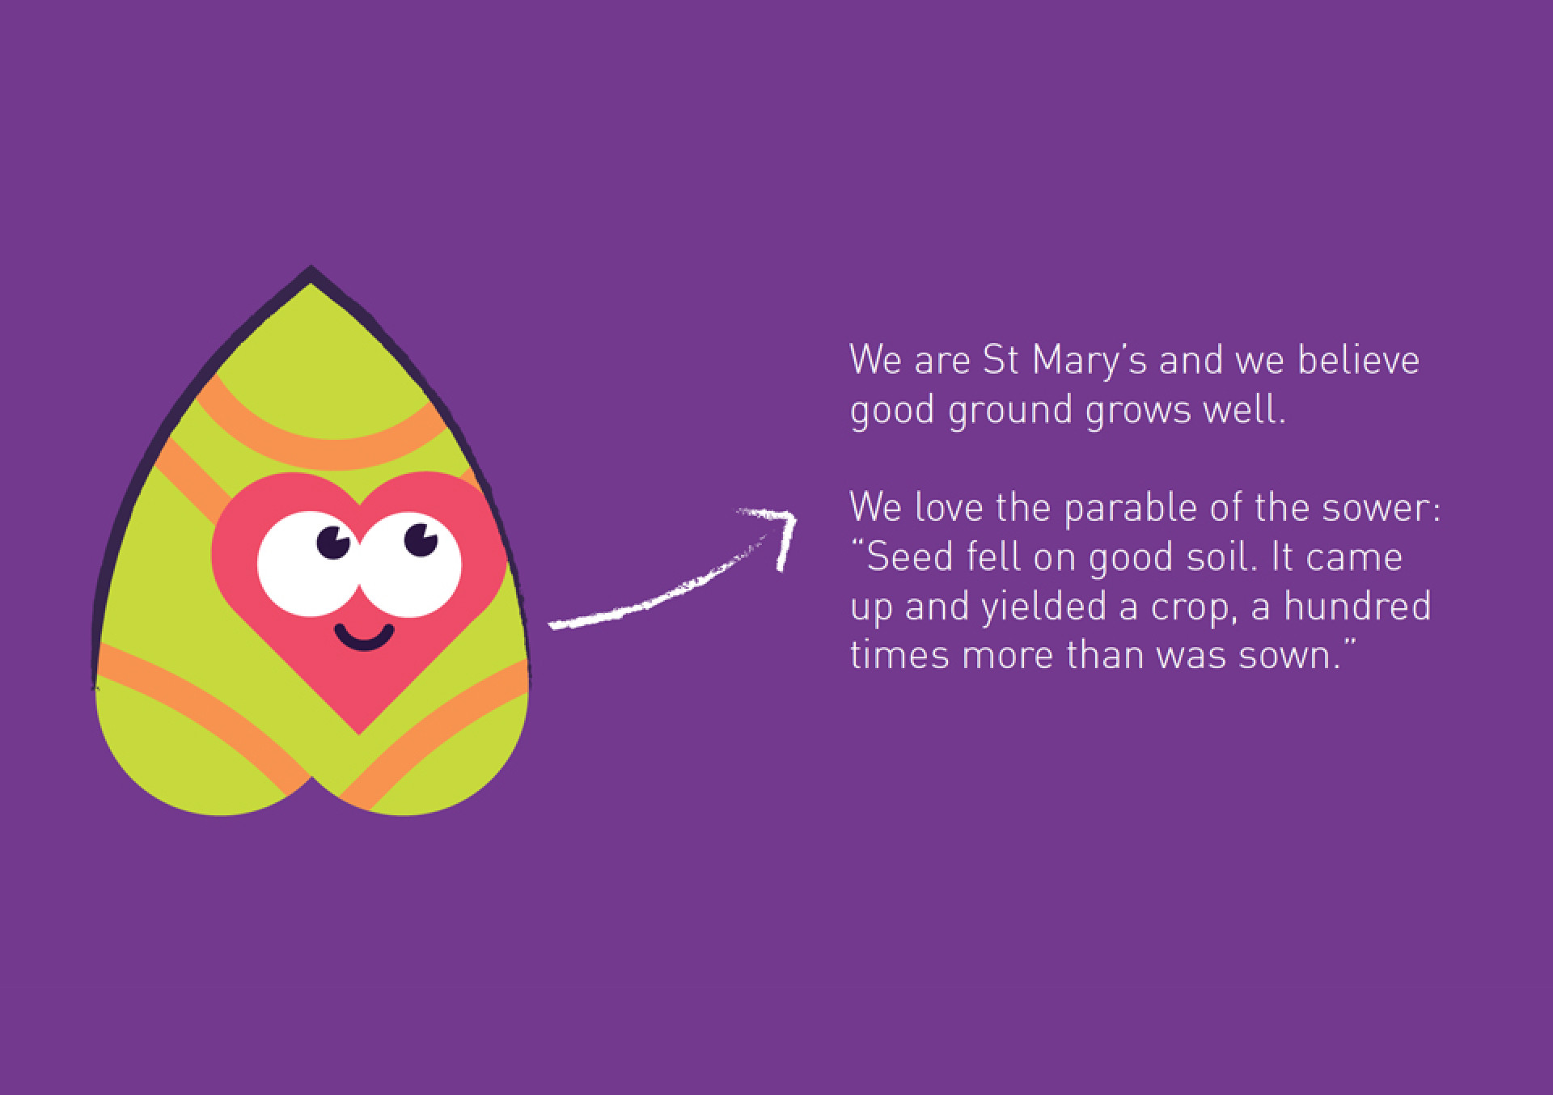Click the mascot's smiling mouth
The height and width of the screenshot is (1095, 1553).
[365, 636]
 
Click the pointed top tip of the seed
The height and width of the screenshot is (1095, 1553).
[311, 267]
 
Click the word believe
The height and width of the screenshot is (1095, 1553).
[1359, 360]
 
